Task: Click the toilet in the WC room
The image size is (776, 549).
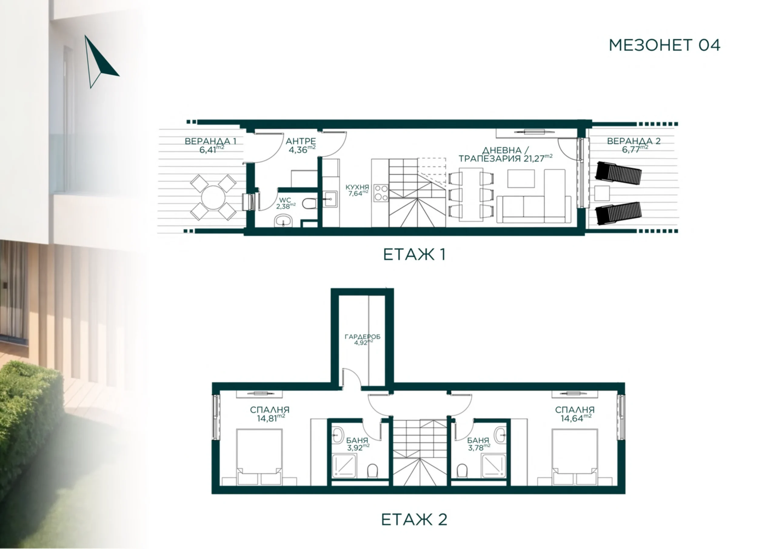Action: pyautogui.click(x=309, y=204)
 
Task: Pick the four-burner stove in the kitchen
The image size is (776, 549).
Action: pyautogui.click(x=381, y=192)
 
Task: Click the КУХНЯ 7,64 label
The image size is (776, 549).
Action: pyautogui.click(x=357, y=190)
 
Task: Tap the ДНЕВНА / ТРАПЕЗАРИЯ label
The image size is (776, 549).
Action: pyautogui.click(x=506, y=155)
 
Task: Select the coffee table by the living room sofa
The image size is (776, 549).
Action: pyautogui.click(x=521, y=178)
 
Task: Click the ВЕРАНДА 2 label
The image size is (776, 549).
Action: pyautogui.click(x=634, y=141)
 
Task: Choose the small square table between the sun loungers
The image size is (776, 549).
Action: pyautogui.click(x=602, y=193)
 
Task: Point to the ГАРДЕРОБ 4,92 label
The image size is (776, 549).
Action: pyautogui.click(x=363, y=340)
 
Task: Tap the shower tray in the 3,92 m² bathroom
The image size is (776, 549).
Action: pyautogui.click(x=345, y=466)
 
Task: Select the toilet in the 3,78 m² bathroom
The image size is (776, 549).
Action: pyautogui.click(x=462, y=470)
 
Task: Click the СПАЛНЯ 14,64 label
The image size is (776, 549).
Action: pyautogui.click(x=575, y=414)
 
